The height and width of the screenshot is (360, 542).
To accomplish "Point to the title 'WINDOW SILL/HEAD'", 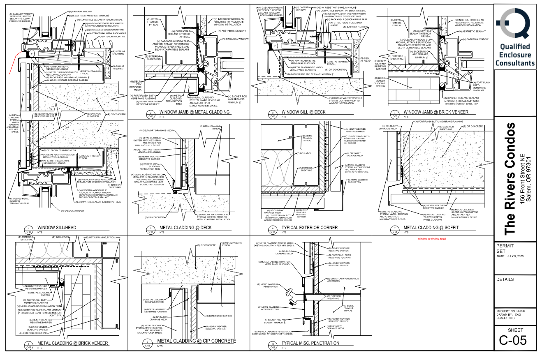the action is (x=57, y=227).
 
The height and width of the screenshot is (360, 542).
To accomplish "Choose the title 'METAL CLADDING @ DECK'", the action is (x=185, y=227).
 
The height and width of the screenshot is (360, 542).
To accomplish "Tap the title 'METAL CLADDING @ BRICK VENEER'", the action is (x=72, y=343).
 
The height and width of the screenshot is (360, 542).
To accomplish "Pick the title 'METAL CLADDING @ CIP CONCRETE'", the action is (x=197, y=341).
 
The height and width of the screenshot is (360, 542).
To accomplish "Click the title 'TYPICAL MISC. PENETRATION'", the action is (x=310, y=343).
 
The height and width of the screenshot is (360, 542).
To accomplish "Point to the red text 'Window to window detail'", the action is (x=432, y=239).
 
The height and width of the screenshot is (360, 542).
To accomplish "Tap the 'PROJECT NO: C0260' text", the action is (x=510, y=311).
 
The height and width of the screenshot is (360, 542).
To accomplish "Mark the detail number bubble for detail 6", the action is (x=272, y=229).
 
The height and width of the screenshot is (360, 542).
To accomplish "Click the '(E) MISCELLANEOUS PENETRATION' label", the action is (x=269, y=286).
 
